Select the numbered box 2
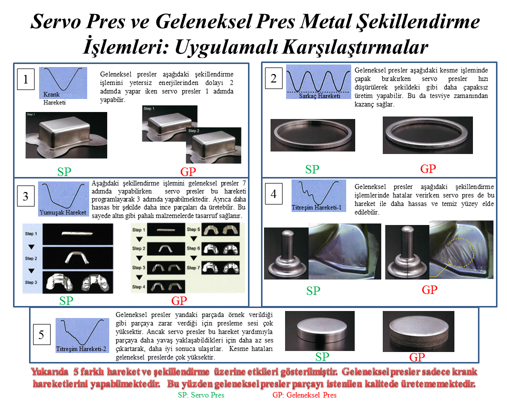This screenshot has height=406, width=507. (273, 78)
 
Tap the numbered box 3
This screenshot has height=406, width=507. (26, 196)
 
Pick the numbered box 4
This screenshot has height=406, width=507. (273, 194)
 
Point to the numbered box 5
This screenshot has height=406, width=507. (42, 333)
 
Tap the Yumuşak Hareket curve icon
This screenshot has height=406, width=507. (63, 196)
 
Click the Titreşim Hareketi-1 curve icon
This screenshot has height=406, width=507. (318, 194)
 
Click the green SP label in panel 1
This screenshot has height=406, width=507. (64, 172)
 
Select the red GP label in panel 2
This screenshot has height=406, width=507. (427, 168)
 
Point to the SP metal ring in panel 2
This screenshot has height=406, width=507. (313, 134)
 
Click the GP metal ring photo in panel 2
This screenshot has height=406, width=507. (427, 135)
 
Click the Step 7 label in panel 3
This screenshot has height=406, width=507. (192, 267)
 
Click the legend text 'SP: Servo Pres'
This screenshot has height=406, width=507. (201, 394)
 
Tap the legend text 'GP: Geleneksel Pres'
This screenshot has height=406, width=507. (304, 394)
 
